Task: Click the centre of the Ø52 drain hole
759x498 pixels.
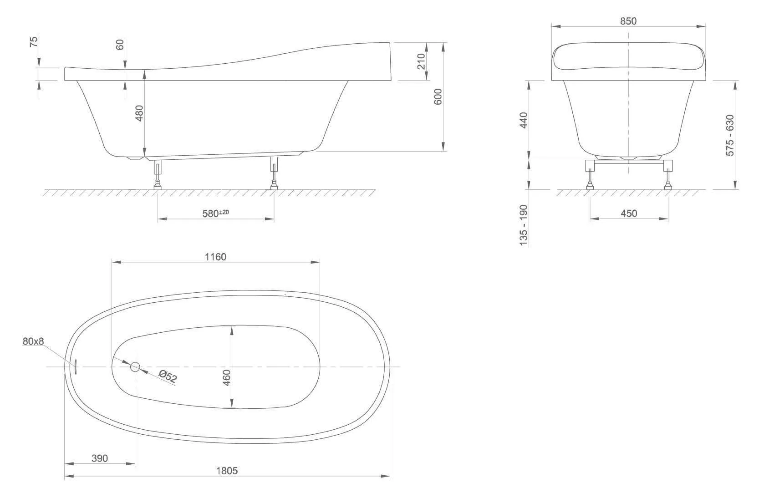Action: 135,366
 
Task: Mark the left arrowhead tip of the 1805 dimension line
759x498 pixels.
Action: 64,476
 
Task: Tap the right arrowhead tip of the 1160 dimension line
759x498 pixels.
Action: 320,262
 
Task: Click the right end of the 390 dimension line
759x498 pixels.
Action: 135,463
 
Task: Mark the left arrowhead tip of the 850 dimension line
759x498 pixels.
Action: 552,26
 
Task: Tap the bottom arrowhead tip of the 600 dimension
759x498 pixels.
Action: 443,151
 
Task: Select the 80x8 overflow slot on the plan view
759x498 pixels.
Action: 76,366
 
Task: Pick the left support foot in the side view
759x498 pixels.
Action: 158,175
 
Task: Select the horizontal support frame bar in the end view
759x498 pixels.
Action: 629,162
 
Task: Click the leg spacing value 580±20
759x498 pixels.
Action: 215,213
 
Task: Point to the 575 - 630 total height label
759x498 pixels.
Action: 730,135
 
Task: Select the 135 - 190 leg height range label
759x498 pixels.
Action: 524,225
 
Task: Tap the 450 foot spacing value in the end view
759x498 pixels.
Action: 629,213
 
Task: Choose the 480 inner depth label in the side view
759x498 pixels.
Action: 139,113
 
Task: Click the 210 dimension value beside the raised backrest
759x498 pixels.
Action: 421,61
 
